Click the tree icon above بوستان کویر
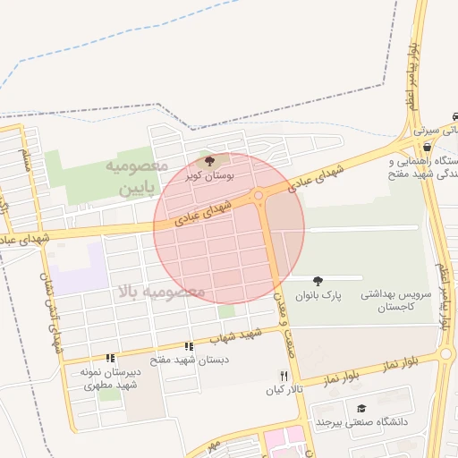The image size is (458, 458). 210,162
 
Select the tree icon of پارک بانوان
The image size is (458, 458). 318,282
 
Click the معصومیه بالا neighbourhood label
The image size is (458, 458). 161,291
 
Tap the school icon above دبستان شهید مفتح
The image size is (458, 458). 189,346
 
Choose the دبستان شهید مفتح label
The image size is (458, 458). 189,360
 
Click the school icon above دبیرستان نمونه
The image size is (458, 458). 110,358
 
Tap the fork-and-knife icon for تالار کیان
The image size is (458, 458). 284,376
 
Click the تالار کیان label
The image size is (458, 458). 284,391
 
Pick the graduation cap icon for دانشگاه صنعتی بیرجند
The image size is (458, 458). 361,408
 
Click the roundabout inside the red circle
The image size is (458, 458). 259,194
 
